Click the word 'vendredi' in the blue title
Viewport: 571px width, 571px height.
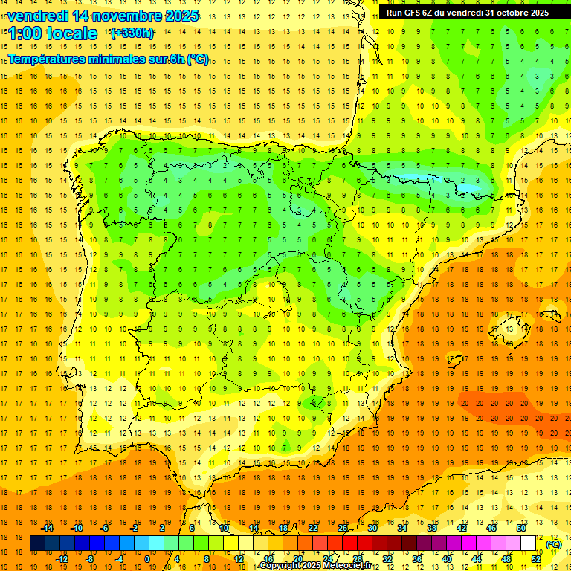click(37, 16)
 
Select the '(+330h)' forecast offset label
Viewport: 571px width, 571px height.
click(132, 33)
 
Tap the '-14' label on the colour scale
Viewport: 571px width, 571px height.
click(48, 528)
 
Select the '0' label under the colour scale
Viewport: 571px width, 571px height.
click(147, 558)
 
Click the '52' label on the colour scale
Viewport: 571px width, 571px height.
click(535, 558)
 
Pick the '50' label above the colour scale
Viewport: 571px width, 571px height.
click(520, 528)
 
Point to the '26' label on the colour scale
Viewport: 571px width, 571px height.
click(343, 528)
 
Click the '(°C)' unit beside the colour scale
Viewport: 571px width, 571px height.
click(553, 544)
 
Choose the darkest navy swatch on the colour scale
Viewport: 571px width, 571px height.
click(36, 543)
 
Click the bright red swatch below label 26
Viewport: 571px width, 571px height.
click(349, 543)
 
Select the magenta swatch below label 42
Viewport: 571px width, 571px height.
click(468, 543)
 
